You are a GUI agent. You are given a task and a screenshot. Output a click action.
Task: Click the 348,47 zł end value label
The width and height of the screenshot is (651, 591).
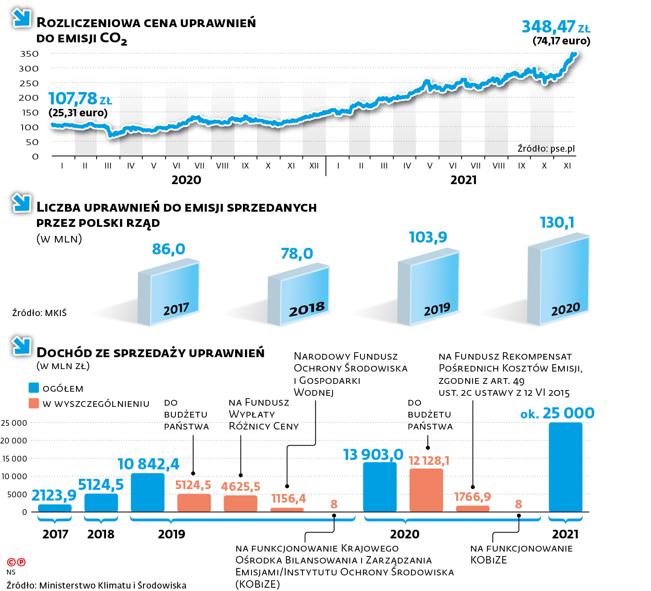coord(555,27)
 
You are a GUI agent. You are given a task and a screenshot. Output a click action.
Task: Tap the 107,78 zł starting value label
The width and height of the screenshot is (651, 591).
coord(80,99)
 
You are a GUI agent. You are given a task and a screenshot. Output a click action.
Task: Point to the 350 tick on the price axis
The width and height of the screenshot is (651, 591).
coord(29,54)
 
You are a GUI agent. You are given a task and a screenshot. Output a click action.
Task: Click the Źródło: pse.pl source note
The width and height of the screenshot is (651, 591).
coord(546,148)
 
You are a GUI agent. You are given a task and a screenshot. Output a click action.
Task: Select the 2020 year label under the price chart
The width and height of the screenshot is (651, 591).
coord(186,180)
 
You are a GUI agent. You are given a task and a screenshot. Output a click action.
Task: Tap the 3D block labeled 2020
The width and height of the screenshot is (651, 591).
coord(559,280)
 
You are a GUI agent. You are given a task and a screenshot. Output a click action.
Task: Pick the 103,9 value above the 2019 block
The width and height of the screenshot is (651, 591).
coord(428,237)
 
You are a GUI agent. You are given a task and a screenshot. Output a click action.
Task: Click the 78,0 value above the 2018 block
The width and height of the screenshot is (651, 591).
coord(297,254)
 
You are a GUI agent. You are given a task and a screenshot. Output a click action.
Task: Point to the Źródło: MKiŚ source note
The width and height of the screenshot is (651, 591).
coord(39,313)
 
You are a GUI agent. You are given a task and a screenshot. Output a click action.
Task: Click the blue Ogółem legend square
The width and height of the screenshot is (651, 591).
coord(34,388)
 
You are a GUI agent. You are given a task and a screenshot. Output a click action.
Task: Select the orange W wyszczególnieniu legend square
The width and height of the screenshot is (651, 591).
coord(34,403)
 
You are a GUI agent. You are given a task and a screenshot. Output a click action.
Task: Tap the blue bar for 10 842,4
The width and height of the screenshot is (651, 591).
coord(148,492)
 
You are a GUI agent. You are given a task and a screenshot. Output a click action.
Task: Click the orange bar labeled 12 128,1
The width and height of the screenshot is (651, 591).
coord(426,490)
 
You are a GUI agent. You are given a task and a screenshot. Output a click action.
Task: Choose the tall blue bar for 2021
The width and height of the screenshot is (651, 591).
coord(566,467)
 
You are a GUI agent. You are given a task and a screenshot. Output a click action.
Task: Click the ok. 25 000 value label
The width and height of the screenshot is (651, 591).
coord(557,413)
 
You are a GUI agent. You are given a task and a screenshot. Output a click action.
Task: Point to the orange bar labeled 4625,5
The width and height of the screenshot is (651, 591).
coord(240,503)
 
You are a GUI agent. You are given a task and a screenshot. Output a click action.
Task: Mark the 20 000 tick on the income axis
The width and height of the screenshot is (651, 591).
coord(14,441)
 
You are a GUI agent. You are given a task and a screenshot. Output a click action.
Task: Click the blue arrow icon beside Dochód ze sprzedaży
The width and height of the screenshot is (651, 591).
coord(21,346)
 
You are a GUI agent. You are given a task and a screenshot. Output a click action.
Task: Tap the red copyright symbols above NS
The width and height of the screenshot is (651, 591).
coord(16,562)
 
